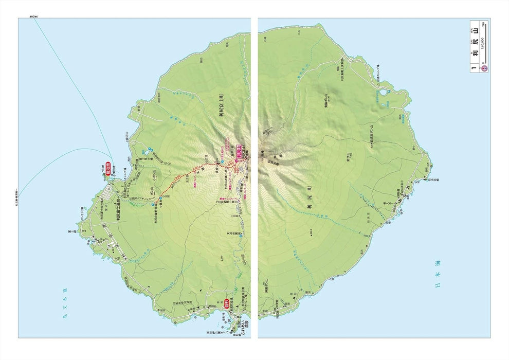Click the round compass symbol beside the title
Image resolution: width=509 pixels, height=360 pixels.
click(x=483, y=67)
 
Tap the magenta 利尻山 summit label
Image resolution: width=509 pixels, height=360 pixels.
click(x=239, y=152)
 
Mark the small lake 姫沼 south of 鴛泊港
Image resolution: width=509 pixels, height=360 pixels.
click(x=146, y=152)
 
